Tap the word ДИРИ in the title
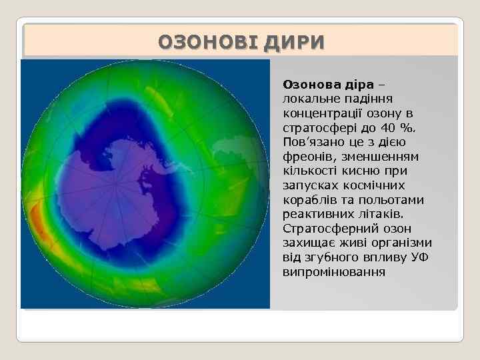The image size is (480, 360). coord(293,43)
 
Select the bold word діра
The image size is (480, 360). coord(363,85)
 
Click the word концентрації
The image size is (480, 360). coord(324,113)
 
